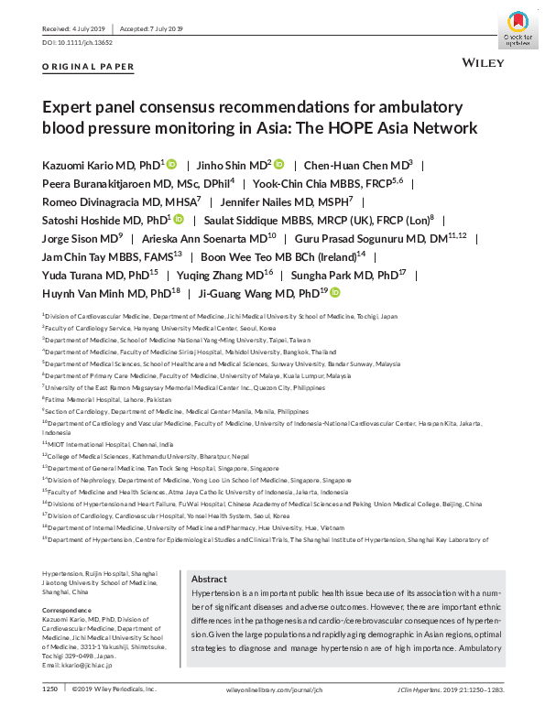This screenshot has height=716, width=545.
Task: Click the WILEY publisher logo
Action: point(480,66)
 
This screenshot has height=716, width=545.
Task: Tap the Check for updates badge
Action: point(518,27)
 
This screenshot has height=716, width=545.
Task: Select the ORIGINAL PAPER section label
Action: point(89,67)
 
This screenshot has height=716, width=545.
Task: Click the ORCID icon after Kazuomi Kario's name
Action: point(171,165)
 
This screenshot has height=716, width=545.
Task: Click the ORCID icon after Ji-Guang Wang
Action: point(336,293)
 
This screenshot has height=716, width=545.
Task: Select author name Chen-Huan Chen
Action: point(354,165)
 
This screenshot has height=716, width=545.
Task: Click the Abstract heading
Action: point(210,579)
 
